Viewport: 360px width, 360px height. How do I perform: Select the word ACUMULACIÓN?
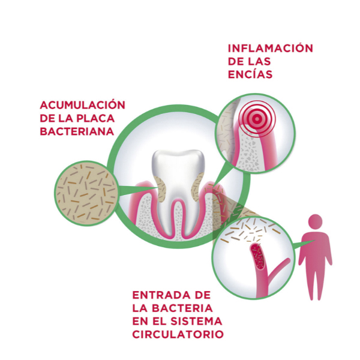pos(82,104)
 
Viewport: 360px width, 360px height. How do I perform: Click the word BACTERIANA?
pos(77,131)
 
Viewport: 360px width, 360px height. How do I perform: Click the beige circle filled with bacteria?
pos(86,191)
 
